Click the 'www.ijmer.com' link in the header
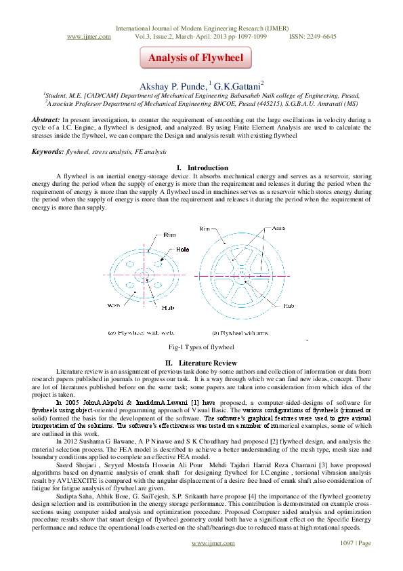[89, 37]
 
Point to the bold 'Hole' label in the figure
[182, 250]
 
